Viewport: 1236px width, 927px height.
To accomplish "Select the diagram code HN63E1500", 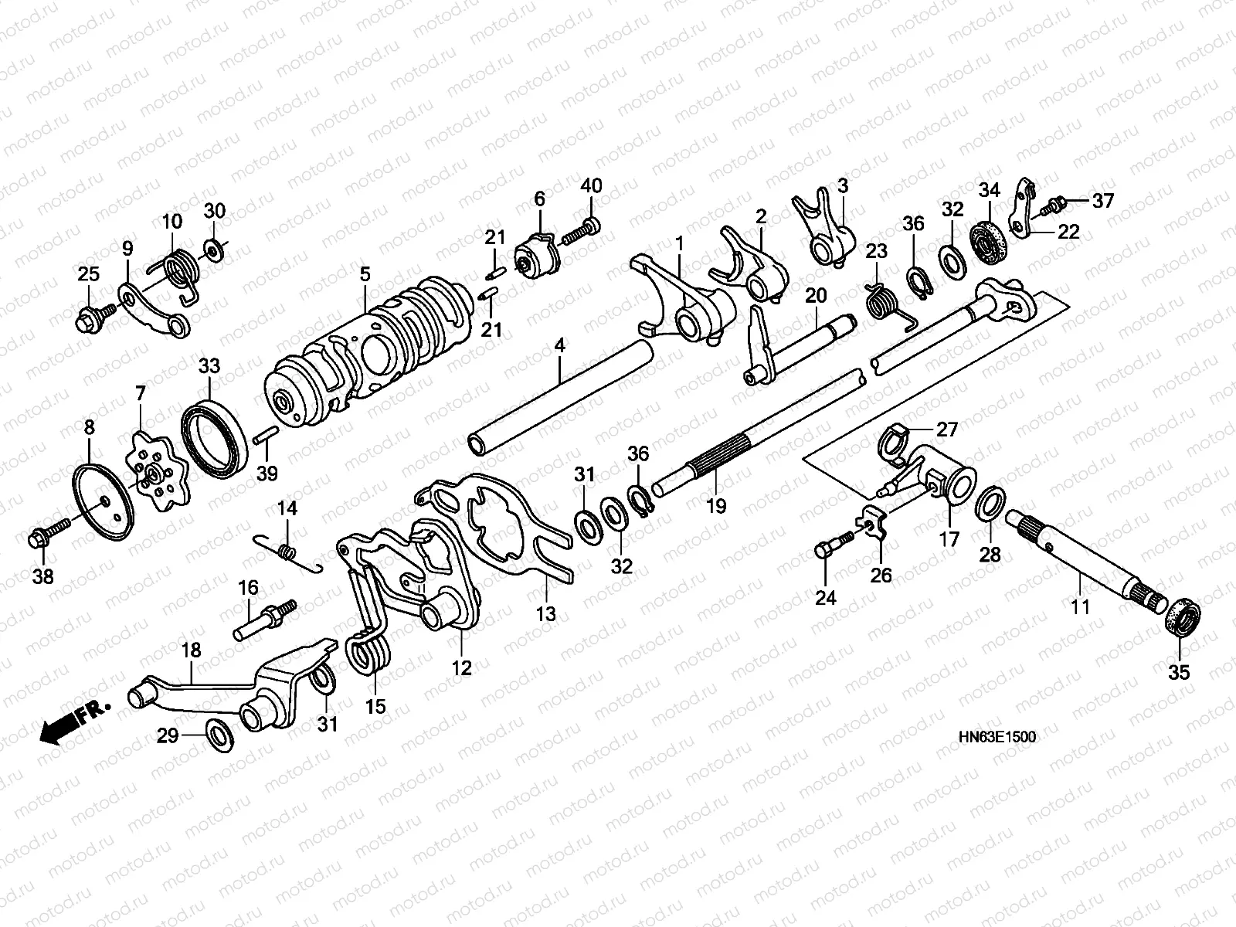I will tap(999, 738).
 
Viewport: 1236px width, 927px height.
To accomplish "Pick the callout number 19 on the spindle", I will tap(716, 506).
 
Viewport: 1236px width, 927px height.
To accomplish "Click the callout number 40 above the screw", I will tap(591, 186).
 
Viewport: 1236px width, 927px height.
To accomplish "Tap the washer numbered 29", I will tap(219, 730).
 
